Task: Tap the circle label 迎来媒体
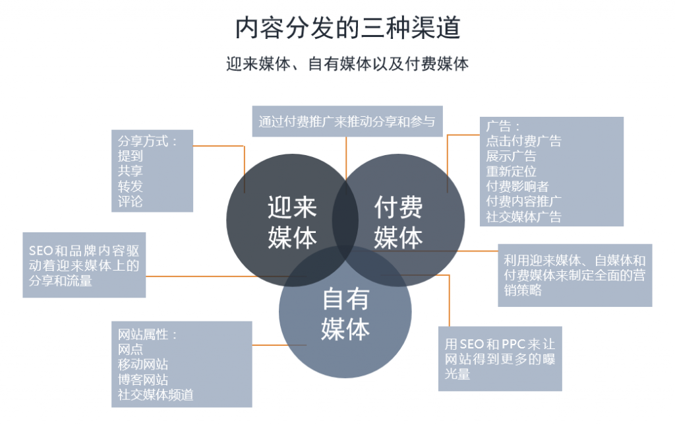[x=292, y=223]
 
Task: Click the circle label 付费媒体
[x=398, y=223]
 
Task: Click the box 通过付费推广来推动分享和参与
[x=347, y=121]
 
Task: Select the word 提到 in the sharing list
[x=131, y=156]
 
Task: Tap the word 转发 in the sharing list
[x=131, y=186]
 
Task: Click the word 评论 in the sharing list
[x=131, y=201]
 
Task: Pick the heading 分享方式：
[x=148, y=141]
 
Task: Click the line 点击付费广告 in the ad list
[x=524, y=141]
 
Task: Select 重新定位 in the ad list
[x=511, y=171]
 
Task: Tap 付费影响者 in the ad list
[x=517, y=186]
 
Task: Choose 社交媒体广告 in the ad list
[x=524, y=216]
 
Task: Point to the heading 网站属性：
[x=148, y=334]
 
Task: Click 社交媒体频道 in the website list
[x=156, y=395]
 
